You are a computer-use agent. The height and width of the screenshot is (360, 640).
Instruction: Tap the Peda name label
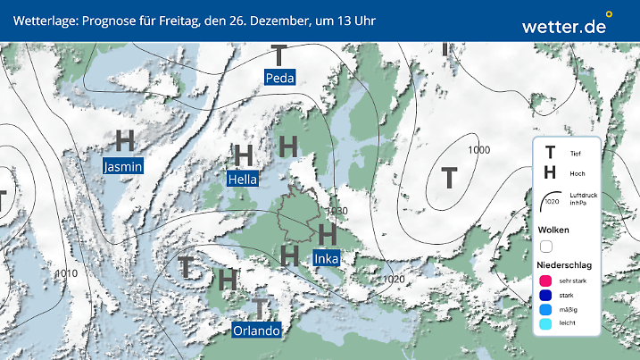pos(280,79)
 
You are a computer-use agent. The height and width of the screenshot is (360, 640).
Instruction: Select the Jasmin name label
pos(123,166)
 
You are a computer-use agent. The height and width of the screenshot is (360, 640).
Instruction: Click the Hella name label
pos(243,179)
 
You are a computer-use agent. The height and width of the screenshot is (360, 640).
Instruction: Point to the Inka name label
pos(327,258)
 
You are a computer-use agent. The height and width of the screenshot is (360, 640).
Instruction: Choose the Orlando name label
pos(256,331)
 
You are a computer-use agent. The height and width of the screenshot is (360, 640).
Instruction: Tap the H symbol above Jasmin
pos(125,141)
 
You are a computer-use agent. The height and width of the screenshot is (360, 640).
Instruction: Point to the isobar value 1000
pos(478,150)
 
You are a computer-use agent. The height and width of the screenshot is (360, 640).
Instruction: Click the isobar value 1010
pos(64,272)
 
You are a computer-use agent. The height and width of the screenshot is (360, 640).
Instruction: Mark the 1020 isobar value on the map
pos(395,280)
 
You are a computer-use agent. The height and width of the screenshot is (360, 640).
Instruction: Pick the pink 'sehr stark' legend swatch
pos(546,280)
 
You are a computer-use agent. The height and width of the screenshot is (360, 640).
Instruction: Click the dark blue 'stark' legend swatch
pos(546,296)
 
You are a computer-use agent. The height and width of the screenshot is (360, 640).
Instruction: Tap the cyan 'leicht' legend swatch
pos(546,326)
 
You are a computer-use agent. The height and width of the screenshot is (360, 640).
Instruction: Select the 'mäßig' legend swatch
pos(546,311)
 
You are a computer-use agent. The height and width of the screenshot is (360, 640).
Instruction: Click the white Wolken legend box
pos(546,247)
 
